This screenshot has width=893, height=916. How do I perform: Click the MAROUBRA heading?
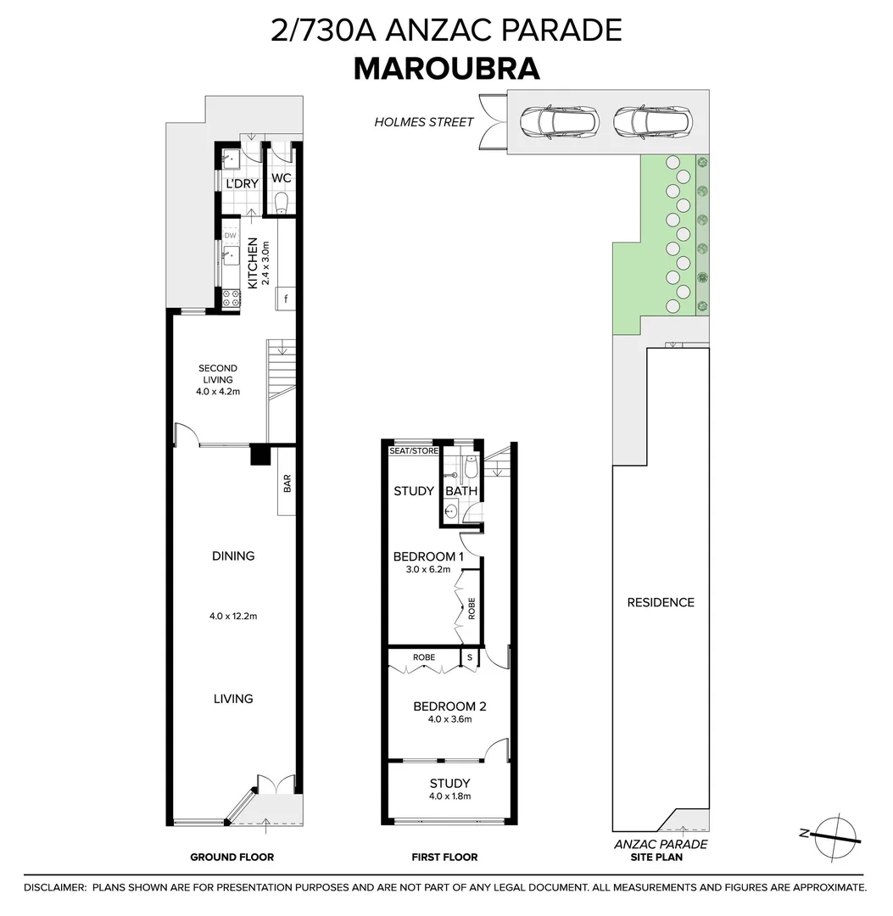coord(446,69)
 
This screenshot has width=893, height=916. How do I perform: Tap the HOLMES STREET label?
coord(424,122)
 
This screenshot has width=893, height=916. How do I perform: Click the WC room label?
coord(281,179)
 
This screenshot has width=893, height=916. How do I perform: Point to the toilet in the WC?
coord(282,203)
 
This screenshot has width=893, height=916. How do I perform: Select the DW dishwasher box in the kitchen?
coord(230,235)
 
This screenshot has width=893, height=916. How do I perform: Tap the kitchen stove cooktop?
coord(230,296)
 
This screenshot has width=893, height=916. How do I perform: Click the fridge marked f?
coord(286,299)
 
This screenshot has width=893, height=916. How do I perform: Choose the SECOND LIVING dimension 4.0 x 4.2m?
coord(218,392)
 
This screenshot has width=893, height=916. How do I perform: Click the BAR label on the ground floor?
coord(287,484)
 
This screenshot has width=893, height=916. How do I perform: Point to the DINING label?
coord(233,556)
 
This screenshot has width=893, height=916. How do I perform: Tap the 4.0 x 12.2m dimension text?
coord(233,616)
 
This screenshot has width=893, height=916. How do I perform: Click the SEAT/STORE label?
coord(413,451)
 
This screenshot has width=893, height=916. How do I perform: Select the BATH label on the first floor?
coord(461,491)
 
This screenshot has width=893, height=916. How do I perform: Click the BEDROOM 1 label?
coord(428,557)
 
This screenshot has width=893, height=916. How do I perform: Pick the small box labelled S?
coord(470,657)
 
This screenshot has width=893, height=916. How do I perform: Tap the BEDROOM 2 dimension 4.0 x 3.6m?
coord(449,719)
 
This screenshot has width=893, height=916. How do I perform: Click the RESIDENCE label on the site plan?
coord(661,602)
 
